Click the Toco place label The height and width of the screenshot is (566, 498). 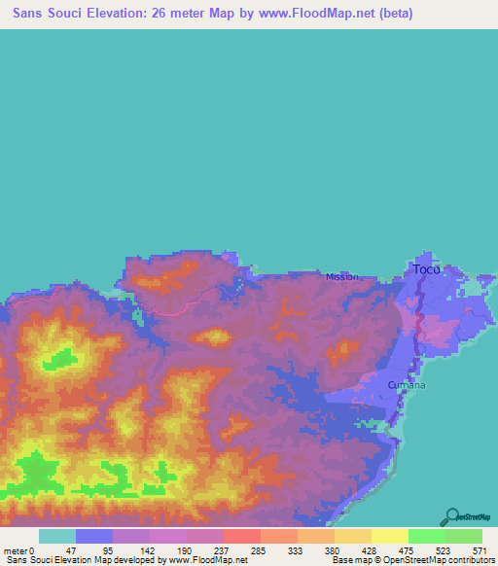tap(426, 268)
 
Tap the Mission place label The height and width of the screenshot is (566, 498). tap(341, 276)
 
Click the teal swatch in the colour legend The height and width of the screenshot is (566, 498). tap(56, 536)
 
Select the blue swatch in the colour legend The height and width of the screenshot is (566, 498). tap(93, 536)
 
